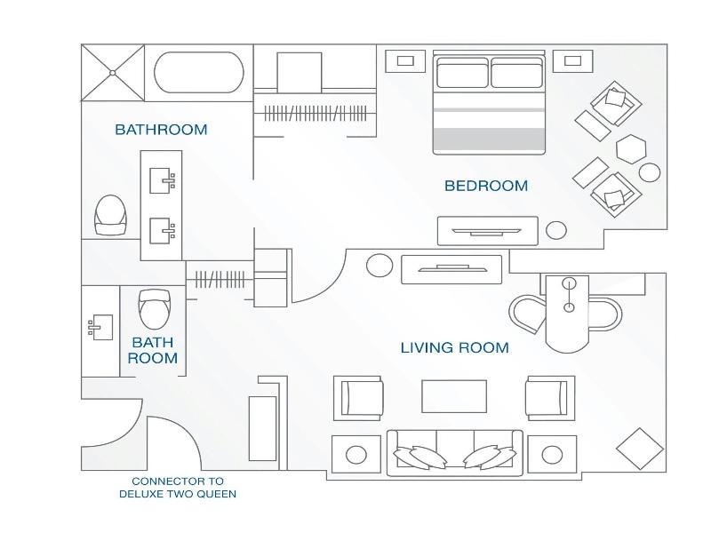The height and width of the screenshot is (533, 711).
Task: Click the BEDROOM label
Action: (486, 186)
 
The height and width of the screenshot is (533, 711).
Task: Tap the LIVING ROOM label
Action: (455, 347)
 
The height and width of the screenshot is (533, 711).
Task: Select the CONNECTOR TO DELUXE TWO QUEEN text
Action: (178, 487)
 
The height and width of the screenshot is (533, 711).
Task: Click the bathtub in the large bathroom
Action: (198, 73)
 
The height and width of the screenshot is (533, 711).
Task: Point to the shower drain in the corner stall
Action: (113, 73)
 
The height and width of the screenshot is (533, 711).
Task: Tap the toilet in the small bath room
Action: (155, 308)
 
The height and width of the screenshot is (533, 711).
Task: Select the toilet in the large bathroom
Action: (110, 215)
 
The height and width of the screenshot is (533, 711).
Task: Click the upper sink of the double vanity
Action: (163, 180)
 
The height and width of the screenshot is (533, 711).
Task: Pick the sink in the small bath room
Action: (100, 327)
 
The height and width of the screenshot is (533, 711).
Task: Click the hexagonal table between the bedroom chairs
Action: (631, 149)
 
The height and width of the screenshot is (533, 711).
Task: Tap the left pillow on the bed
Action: (462, 76)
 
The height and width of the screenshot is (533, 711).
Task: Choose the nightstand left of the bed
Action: (405, 60)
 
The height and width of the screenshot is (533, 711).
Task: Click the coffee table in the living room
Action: (454, 396)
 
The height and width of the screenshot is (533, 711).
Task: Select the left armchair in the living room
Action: (359, 398)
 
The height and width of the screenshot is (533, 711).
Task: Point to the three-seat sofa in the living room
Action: (454, 453)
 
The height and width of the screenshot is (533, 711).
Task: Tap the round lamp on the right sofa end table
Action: (552, 455)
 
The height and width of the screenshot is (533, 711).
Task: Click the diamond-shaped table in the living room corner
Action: (640, 449)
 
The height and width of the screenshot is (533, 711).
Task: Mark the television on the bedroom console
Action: (486, 232)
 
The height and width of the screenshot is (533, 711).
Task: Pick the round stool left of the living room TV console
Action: (379, 265)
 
